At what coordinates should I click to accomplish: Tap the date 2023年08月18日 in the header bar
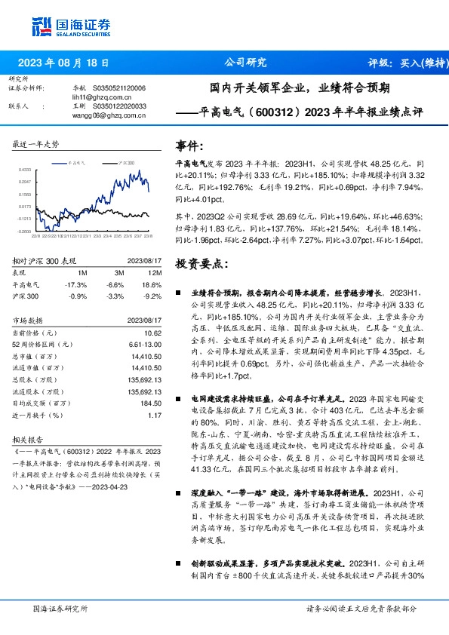pos(63,63)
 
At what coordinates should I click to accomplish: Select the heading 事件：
pos(189,145)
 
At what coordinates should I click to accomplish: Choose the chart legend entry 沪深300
pos(126,162)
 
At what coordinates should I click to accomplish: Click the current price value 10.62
pos(153,333)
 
